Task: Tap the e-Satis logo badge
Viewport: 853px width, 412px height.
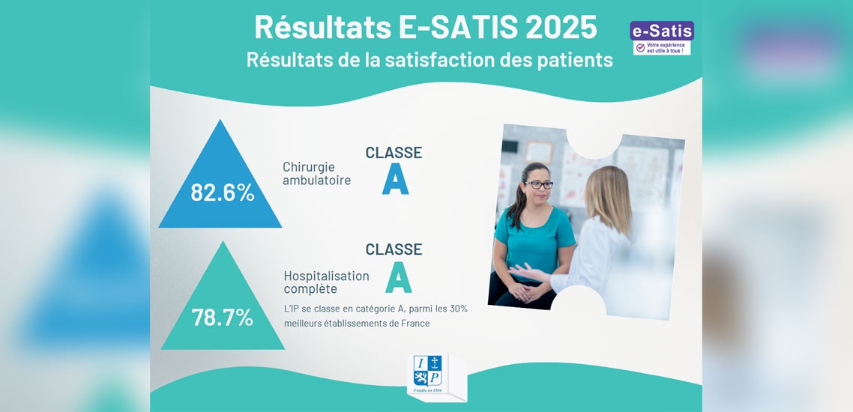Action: click(662, 37)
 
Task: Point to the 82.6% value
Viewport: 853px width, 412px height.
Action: click(222, 193)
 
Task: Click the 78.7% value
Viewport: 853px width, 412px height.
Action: click(222, 318)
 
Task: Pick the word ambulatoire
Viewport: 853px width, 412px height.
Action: click(316, 181)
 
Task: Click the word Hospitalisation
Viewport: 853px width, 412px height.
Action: click(326, 276)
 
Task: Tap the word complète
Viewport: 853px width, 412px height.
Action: click(310, 289)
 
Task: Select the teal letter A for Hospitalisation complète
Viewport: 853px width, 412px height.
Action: click(398, 278)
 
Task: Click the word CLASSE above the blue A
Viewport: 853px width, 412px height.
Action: click(394, 153)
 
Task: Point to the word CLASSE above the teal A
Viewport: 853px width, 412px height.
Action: click(394, 249)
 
